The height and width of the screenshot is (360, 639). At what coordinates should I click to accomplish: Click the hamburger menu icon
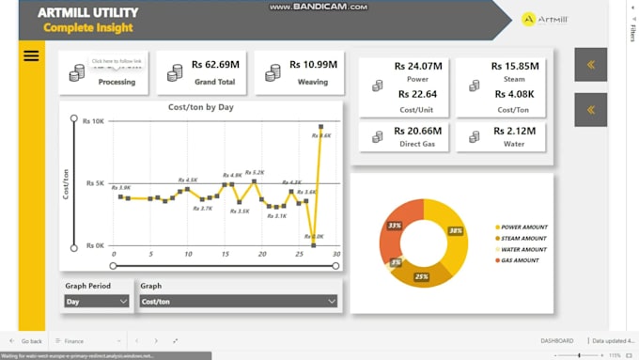tap(31, 55)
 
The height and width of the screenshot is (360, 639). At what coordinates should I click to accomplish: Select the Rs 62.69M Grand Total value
tap(216, 65)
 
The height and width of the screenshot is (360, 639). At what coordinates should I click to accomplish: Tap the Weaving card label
tap(314, 82)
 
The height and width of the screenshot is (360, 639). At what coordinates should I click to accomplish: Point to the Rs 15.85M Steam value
tap(515, 66)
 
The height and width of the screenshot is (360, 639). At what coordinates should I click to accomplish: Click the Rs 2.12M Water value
tap(515, 131)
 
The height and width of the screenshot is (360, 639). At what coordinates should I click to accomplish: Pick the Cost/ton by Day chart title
tap(200, 107)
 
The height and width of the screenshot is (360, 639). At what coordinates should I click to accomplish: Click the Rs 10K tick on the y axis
tap(94, 120)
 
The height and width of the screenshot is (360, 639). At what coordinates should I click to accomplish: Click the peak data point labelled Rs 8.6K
tap(321, 126)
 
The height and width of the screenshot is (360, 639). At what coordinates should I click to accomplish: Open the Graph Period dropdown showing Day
tap(97, 301)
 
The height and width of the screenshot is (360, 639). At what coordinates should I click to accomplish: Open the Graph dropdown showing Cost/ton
tap(238, 301)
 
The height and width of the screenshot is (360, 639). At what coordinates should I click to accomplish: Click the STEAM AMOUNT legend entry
tap(522, 238)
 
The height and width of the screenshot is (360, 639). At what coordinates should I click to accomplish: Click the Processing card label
tap(117, 82)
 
